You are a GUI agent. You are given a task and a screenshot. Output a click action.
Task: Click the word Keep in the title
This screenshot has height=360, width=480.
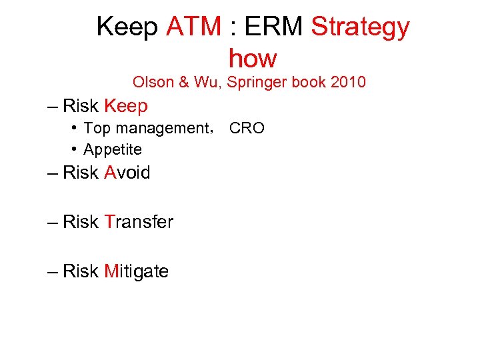click(x=127, y=27)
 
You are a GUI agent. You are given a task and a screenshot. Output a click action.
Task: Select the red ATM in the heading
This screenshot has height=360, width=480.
click(x=193, y=27)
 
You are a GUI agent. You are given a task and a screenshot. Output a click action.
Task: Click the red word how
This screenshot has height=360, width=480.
click(x=252, y=59)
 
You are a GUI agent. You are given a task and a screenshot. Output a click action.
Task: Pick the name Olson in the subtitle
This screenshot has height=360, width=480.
click(x=153, y=83)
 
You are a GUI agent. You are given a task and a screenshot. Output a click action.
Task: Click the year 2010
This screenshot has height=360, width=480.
click(x=348, y=83)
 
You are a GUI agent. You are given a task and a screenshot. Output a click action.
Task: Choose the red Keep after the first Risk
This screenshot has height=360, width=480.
click(x=126, y=106)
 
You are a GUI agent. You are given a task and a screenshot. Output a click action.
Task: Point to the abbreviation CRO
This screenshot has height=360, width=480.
click(x=247, y=128)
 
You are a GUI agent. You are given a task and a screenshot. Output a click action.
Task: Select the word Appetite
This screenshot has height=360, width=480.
click(x=113, y=149)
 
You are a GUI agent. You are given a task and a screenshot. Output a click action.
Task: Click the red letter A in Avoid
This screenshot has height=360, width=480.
click(x=110, y=173)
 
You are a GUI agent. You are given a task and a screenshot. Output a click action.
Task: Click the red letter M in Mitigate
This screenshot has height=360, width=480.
click(x=111, y=271)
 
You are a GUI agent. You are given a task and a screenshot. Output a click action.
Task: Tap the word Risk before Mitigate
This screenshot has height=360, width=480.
click(x=81, y=271)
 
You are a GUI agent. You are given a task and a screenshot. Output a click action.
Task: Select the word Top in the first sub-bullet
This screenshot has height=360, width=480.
click(x=97, y=129)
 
